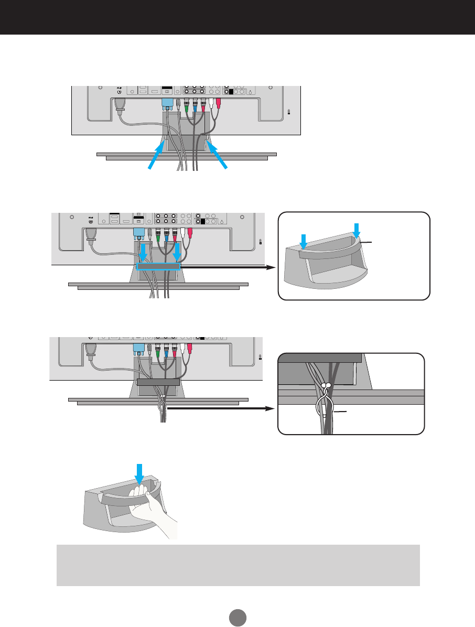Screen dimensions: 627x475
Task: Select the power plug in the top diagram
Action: [119, 105]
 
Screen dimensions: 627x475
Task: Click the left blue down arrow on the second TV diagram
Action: [142, 252]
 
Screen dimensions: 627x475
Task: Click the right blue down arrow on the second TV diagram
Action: [177, 252]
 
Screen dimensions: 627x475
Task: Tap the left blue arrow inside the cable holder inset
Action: [303, 241]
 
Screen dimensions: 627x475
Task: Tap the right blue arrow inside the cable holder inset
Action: [357, 229]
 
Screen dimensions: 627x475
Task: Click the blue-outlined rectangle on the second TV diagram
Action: [158, 267]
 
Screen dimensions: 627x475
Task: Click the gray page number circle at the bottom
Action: [237, 615]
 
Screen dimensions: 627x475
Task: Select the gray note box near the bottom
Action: [238, 565]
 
